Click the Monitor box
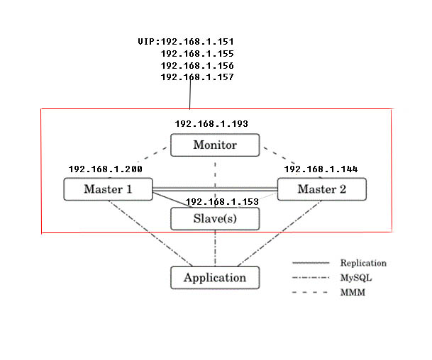tap(215, 145)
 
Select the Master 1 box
tap(108, 189)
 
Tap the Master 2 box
tap(321, 189)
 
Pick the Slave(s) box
tap(215, 219)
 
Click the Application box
tap(215, 277)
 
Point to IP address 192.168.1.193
tap(211, 124)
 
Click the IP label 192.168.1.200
tap(105, 169)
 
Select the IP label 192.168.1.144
tap(321, 169)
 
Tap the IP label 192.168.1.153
tap(221, 201)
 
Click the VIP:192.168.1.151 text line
tap(186, 42)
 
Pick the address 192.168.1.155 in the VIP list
tap(197, 53)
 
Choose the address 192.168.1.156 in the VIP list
tap(197, 64)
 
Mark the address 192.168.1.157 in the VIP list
tap(197, 76)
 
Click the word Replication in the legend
tap(363, 263)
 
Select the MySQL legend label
tap(355, 278)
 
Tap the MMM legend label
tap(353, 293)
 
